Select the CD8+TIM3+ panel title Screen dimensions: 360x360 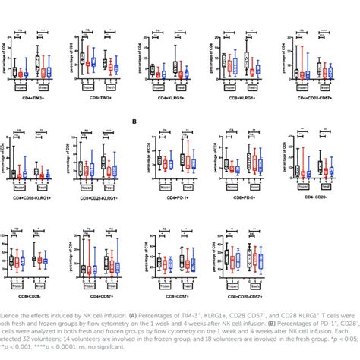point(92,96)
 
